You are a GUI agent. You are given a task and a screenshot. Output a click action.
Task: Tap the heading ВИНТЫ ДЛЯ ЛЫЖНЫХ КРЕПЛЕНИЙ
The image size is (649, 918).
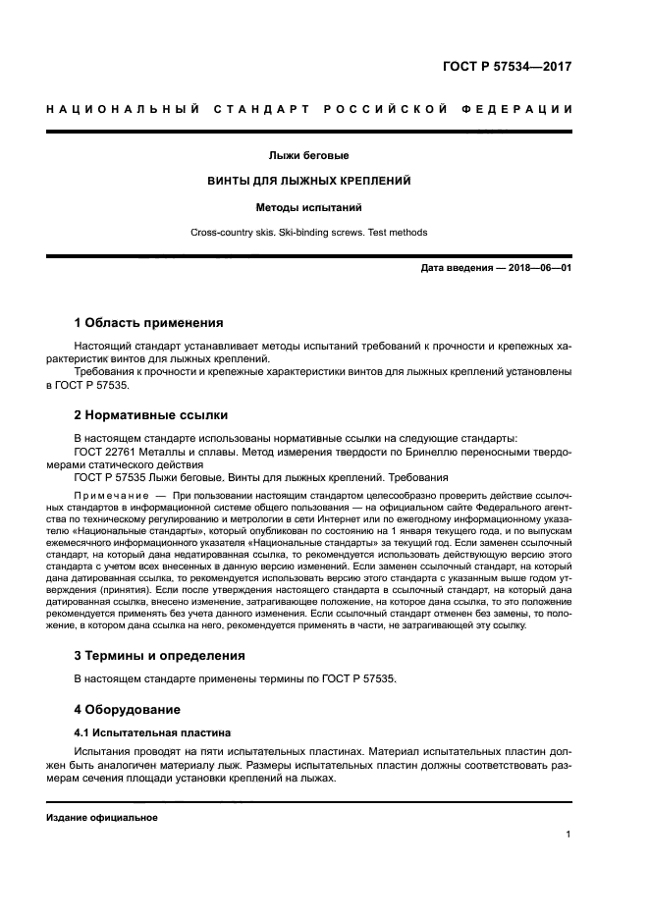tap(308, 182)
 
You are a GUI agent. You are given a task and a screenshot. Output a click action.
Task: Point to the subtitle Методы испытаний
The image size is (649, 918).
tap(308, 207)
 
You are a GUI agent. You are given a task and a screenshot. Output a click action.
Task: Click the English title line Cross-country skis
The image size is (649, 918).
tap(308, 233)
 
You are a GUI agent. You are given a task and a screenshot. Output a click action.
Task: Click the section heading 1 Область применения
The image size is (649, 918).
tap(148, 322)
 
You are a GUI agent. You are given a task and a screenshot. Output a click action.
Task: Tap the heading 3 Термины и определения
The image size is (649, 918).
tap(159, 655)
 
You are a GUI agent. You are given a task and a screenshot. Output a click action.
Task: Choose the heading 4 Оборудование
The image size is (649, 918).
tap(129, 708)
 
